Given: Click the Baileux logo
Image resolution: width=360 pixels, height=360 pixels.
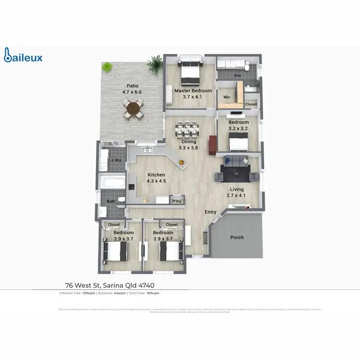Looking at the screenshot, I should [x=23, y=56].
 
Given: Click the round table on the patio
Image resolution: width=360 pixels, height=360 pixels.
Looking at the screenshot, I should [x=133, y=108].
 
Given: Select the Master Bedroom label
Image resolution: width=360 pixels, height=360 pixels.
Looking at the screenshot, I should [x=193, y=91].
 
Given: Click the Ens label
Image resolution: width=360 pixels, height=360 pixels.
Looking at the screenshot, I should [x=237, y=76].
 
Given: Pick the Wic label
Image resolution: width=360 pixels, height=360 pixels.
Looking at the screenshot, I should [x=227, y=97].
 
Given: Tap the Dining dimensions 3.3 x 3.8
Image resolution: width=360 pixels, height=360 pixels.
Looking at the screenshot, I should [x=188, y=148].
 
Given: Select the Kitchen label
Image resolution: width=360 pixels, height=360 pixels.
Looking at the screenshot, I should [x=156, y=175].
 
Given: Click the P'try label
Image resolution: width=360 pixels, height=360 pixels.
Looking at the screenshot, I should [x=177, y=201].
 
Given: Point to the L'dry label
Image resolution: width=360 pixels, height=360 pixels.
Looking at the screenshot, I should [x=116, y=160].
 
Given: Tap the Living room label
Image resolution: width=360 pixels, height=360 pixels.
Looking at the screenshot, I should [x=237, y=190].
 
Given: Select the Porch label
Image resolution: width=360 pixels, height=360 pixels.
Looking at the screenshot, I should [x=237, y=237].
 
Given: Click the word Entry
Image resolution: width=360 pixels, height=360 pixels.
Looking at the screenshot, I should [x=211, y=212].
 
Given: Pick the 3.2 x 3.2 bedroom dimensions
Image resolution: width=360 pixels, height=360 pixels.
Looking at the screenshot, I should [x=239, y=129].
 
